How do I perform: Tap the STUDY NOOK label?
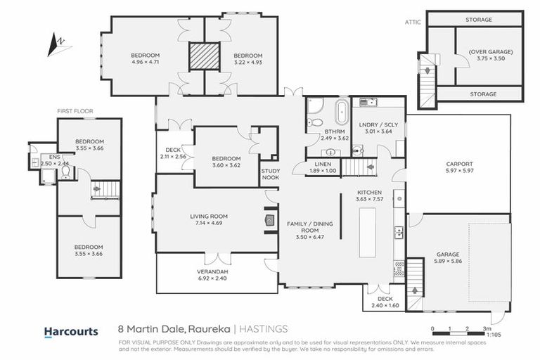(x=270, y=174)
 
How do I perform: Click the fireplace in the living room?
(x=268, y=219)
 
